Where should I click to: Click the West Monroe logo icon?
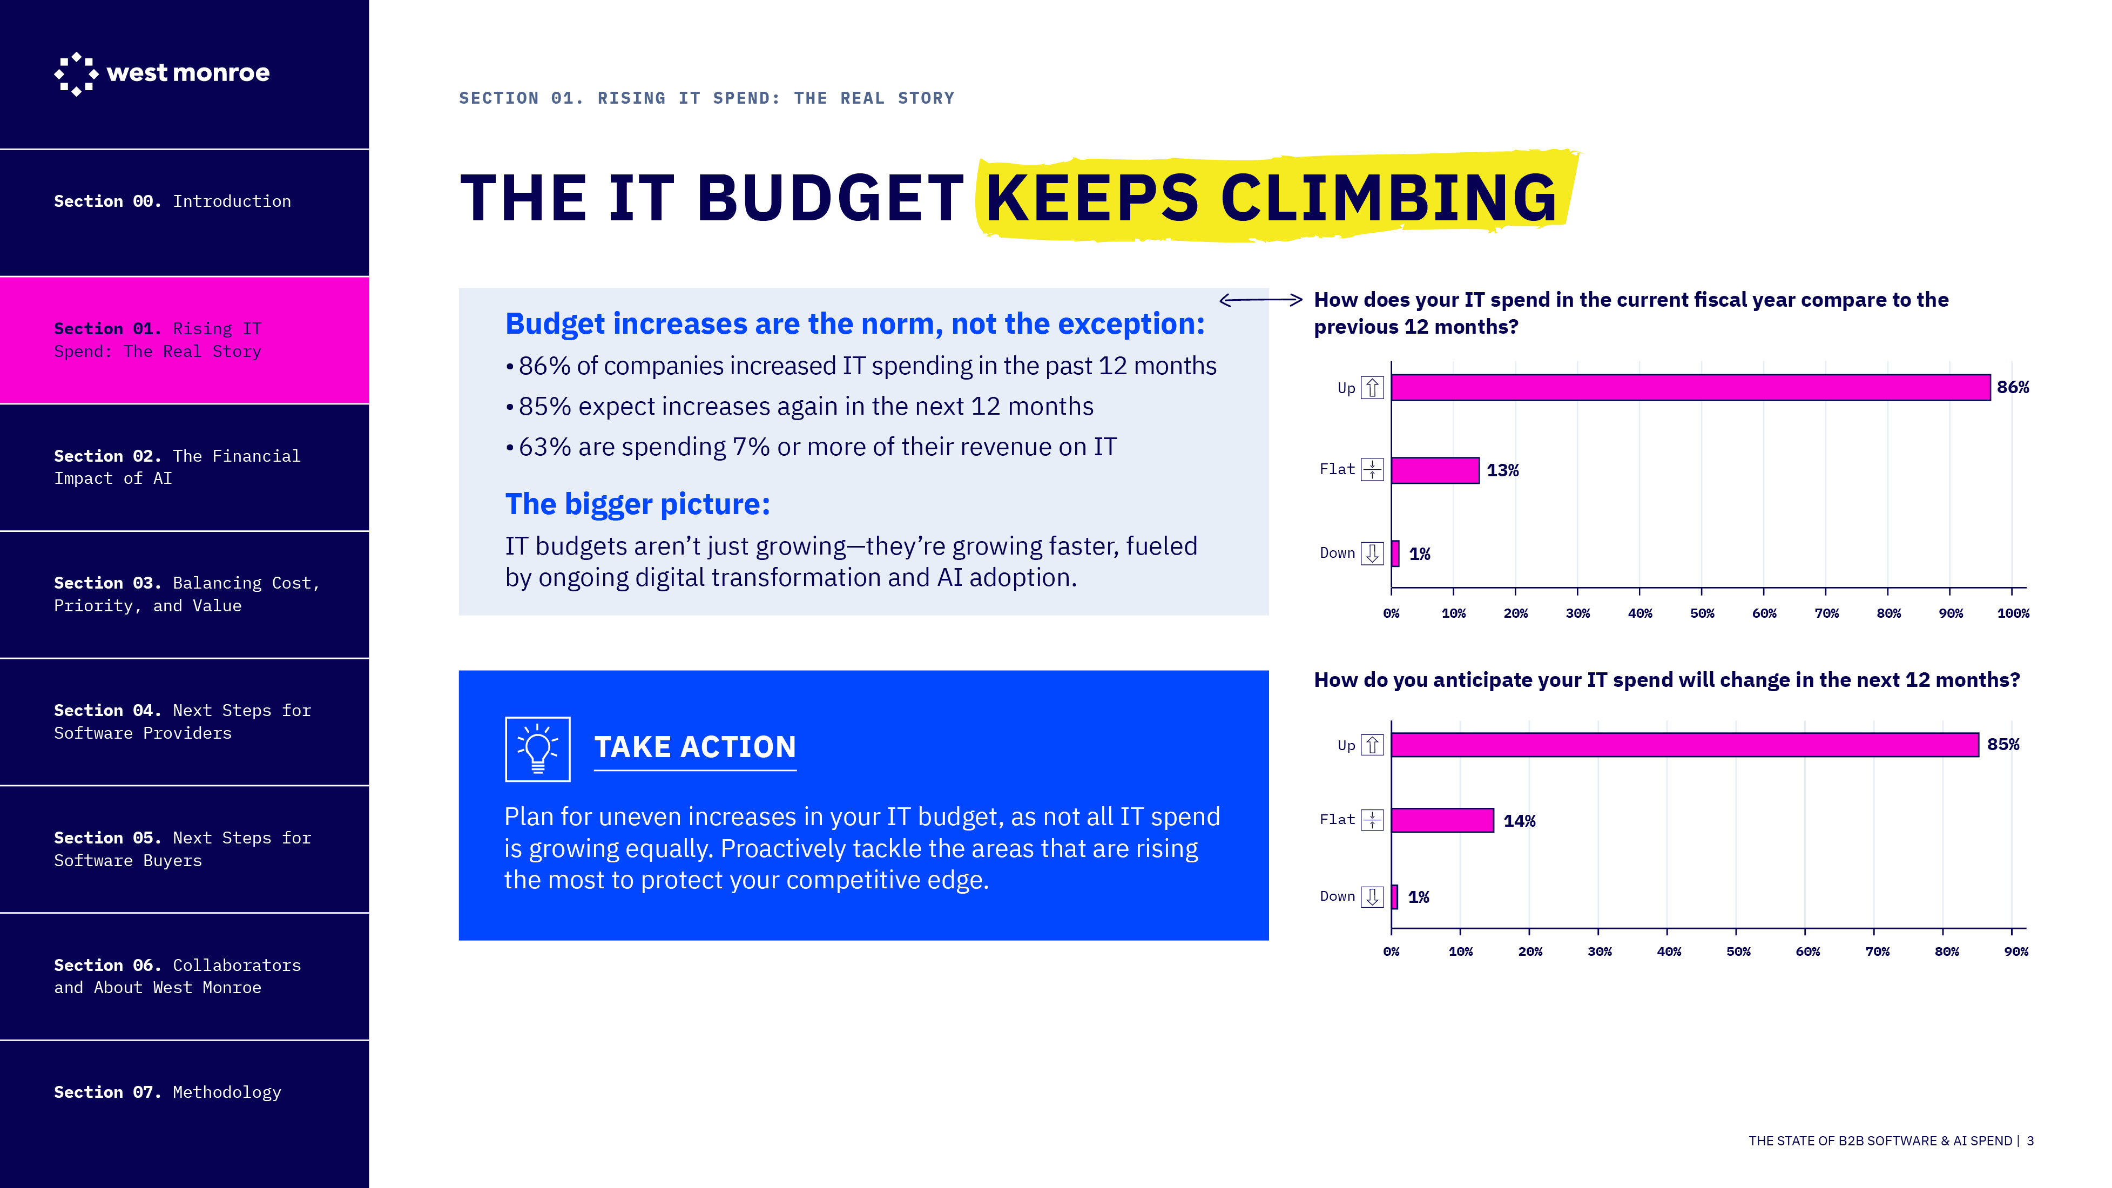[76, 74]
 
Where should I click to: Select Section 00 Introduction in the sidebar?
[172, 201]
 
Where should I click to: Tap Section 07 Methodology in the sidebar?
[167, 1092]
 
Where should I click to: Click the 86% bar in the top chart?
[1689, 388]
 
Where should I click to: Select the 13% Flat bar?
[1435, 470]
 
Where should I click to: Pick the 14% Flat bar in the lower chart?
[1442, 820]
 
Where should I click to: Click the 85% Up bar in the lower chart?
[1684, 745]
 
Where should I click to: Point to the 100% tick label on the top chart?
[2012, 613]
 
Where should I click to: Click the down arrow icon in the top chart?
[1372, 553]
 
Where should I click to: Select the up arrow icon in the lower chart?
[1372, 745]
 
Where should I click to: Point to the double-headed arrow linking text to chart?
[1260, 300]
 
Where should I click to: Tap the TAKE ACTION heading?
[694, 747]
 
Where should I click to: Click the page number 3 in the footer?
[2030, 1140]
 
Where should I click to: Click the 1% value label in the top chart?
[1419, 554]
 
